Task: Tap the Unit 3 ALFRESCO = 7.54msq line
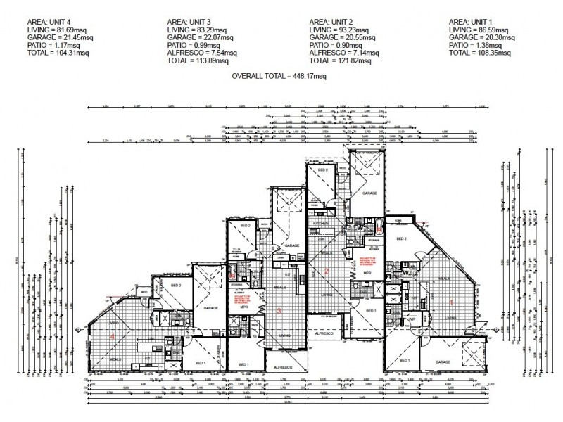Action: point(199,51)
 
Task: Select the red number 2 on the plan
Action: point(326,271)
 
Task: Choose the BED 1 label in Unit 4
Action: point(200,363)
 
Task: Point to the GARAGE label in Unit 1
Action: point(443,362)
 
